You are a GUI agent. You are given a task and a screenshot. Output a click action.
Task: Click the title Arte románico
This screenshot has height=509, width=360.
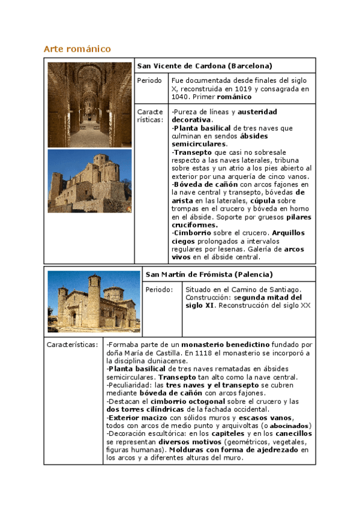pos(77,49)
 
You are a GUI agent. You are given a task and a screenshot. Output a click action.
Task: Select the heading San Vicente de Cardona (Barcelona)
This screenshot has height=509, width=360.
pos(204,65)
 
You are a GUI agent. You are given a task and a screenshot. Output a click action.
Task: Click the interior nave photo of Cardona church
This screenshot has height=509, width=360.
pos(89,104)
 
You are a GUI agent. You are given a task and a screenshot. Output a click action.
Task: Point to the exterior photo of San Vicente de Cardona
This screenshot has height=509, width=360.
pos(89,181)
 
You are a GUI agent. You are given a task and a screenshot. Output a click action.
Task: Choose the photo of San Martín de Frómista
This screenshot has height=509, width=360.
pos(94,301)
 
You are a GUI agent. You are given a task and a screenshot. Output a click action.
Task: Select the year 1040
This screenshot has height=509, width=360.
pos(179,97)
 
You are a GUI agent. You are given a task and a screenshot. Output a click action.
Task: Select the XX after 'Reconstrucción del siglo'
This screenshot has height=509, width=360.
pos(305,305)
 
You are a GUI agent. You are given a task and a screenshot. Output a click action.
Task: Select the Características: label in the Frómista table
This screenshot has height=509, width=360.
pos(72,345)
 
